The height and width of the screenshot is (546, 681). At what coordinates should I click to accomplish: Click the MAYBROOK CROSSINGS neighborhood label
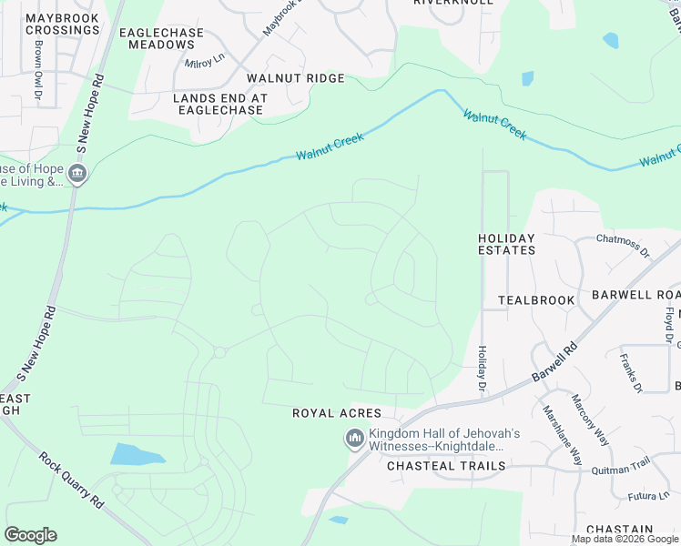click(62, 24)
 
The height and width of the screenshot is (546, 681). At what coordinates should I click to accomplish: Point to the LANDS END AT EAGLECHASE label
click(219, 104)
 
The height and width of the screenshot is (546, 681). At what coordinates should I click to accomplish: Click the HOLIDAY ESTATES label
click(506, 243)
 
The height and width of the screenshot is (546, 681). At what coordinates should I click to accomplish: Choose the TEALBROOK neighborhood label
click(536, 299)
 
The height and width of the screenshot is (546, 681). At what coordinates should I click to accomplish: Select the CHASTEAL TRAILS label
click(446, 466)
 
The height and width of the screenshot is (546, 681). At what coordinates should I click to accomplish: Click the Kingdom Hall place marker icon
click(353, 440)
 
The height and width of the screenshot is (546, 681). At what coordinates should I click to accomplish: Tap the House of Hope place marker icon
click(77, 175)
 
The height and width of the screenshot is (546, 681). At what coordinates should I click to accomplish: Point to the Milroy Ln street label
click(205, 62)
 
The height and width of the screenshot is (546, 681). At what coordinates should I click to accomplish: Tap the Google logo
click(31, 535)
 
